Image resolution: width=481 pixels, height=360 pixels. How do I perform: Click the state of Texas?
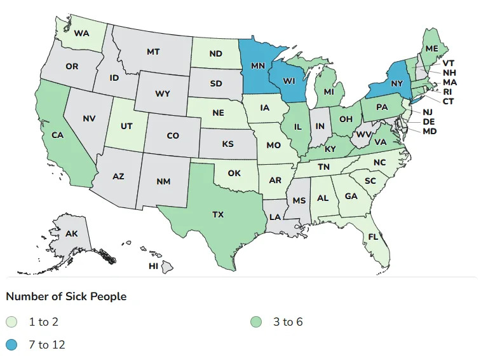(218, 215)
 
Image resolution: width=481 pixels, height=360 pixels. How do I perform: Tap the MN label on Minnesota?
(258, 66)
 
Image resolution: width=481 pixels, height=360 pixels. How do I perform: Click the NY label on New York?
(397, 84)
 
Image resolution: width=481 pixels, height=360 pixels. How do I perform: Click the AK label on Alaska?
(72, 233)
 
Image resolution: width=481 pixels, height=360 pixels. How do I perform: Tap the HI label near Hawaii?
(153, 266)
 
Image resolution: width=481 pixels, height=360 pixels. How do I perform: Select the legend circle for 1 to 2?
(12, 322)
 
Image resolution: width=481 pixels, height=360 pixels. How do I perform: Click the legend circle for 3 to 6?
(256, 322)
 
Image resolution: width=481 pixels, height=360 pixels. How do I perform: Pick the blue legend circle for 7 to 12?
(12, 345)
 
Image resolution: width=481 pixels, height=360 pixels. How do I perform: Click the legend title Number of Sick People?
(65, 296)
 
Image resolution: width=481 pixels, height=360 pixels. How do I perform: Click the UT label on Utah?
(126, 126)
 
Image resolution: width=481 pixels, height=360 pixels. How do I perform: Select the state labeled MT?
(152, 52)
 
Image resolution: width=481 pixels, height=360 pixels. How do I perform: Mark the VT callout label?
(448, 63)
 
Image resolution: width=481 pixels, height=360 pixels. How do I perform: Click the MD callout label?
(430, 131)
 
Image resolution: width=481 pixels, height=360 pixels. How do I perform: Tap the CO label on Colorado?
(172, 135)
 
